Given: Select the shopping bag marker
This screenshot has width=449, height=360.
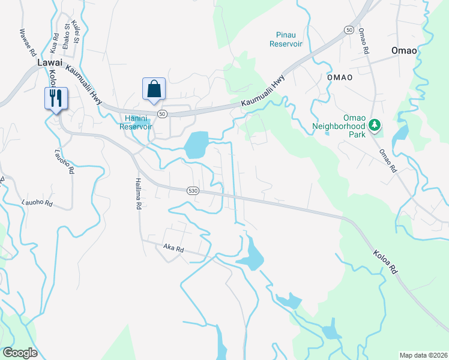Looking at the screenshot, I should [154, 89].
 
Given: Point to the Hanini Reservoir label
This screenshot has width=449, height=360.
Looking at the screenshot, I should [136, 122].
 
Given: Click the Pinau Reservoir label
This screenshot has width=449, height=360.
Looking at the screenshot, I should [286, 40].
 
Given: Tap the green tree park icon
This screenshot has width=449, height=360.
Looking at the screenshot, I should [375, 125].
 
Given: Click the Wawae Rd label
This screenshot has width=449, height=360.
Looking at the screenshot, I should [27, 42].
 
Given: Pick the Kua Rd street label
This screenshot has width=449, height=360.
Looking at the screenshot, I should [55, 41].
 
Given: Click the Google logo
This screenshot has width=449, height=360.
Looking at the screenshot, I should [19, 353].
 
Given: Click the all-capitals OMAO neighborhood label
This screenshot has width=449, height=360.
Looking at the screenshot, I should [340, 77].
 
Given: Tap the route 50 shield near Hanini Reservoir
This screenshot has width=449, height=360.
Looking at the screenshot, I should [162, 113].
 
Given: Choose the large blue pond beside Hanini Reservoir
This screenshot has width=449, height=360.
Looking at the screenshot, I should [196, 145].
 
